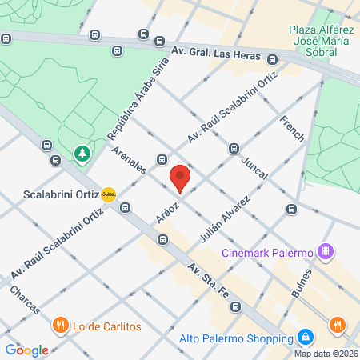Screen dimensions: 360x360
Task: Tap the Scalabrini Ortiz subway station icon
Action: pos(109,194)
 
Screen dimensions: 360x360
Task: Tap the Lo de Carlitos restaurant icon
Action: pos(60,326)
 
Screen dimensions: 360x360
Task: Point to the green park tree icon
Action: pos(82,152)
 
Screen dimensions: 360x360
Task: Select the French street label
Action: pos(292,128)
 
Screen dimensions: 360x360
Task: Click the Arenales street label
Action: pos(130,161)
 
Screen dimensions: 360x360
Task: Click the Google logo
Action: pos(27,350)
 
